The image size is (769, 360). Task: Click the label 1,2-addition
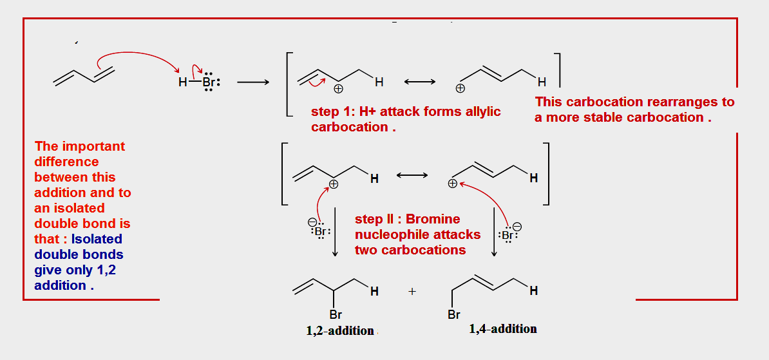pos(340,330)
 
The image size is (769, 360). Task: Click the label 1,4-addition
pos(503,328)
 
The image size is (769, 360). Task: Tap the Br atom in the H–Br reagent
pos(208,82)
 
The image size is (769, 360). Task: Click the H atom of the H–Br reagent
pos(183,82)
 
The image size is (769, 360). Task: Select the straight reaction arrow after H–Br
pos(253,82)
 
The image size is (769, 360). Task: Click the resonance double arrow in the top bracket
pos(420,82)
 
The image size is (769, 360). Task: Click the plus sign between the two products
pos(412,291)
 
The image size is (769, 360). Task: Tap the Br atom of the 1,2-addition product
pos(336,315)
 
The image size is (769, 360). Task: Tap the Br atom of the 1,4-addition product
pos(453,315)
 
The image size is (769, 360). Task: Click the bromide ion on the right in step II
pos(508,235)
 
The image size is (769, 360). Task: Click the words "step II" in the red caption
pos(374,220)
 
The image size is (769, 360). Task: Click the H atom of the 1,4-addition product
pos(533,291)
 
